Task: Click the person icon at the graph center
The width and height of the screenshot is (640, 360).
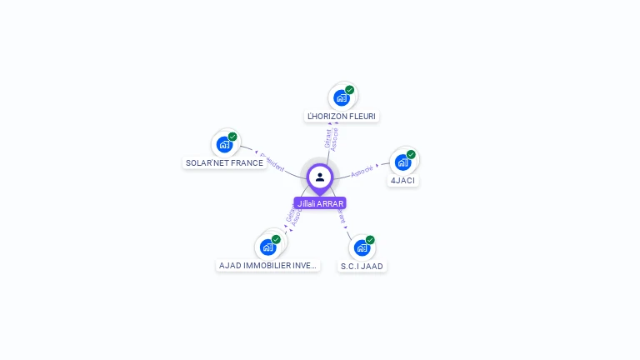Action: point(320,177)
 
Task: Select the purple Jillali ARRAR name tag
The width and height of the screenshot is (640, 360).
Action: point(320,203)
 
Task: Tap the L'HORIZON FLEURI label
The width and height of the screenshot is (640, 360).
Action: point(342,116)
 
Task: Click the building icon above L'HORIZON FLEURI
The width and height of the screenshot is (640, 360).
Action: point(341,97)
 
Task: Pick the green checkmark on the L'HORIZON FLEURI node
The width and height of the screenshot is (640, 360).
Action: point(350,89)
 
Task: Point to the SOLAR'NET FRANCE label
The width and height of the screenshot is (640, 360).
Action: point(224,163)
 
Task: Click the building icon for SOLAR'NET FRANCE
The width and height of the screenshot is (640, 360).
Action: point(223,144)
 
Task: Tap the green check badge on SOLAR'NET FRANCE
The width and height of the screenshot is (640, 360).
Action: point(232,136)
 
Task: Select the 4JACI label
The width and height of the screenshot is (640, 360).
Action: point(402,180)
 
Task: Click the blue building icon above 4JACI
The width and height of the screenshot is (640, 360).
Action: point(402,162)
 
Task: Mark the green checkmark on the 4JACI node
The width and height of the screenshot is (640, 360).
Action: point(411,154)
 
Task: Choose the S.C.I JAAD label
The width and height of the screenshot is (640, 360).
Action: point(362,267)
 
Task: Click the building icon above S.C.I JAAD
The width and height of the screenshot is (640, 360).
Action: point(361,247)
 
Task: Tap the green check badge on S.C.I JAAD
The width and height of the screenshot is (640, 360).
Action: point(370,240)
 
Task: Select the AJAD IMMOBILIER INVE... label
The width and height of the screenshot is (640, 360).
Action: point(267,266)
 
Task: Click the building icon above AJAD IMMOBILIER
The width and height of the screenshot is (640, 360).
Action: point(267,247)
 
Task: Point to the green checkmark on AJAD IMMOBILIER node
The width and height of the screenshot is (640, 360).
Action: point(276,239)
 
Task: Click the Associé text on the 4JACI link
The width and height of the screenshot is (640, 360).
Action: point(362,172)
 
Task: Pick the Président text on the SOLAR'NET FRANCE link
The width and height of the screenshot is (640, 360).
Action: point(272,161)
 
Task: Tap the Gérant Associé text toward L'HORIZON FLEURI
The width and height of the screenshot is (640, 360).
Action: point(332,138)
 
